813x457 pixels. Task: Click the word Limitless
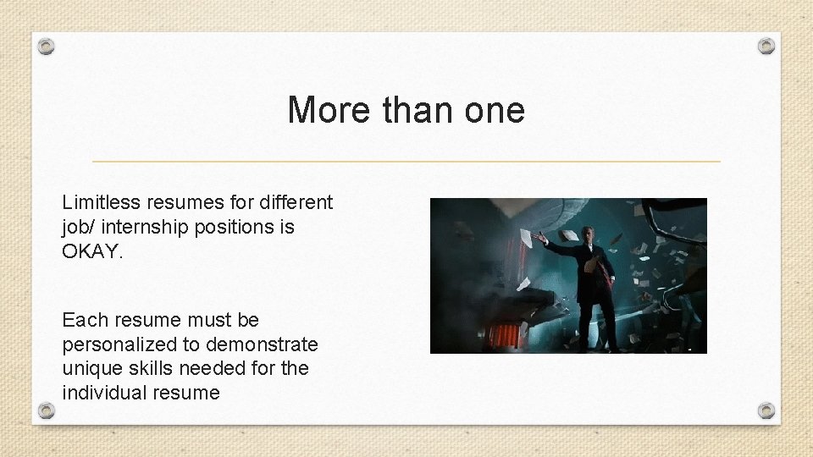101,202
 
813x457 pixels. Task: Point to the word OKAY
92,251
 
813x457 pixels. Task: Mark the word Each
83,320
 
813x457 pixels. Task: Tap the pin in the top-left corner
47,47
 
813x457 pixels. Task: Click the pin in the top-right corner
766,46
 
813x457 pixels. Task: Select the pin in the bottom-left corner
47,410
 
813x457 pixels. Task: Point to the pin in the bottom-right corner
766,410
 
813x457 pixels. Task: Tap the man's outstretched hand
537,238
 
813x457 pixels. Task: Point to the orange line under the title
406,161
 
